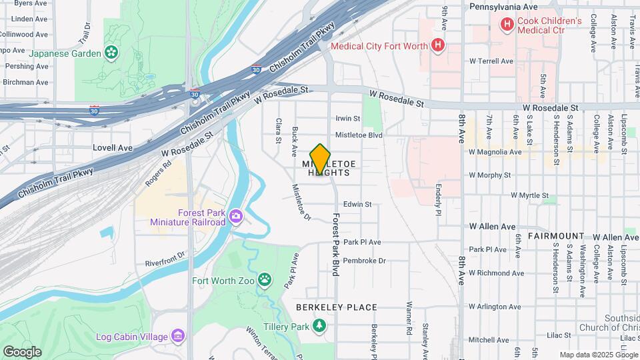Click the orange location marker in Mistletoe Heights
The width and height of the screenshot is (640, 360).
(320, 159)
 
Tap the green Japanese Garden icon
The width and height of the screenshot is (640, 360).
(111, 53)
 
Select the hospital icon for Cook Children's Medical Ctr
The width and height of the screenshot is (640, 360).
(507, 25)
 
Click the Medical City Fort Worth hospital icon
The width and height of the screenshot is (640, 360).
(437, 46)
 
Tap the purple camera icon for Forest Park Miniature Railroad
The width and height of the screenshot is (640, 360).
(235, 216)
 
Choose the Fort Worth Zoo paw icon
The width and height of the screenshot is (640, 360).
(265, 280)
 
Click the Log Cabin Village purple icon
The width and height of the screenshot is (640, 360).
(178, 335)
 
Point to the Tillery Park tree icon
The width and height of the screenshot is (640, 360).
(320, 326)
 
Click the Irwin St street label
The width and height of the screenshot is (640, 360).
(347, 119)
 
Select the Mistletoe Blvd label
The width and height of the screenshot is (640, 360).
(358, 135)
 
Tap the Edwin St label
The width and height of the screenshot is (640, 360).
(357, 205)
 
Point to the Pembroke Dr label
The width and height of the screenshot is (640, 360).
(365, 261)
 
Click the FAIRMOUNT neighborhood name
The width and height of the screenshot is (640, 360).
(555, 237)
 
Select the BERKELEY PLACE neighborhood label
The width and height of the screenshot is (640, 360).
(337, 307)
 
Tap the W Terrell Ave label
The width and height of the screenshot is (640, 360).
(491, 61)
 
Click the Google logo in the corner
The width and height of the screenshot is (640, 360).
(22, 351)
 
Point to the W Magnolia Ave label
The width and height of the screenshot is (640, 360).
(494, 152)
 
